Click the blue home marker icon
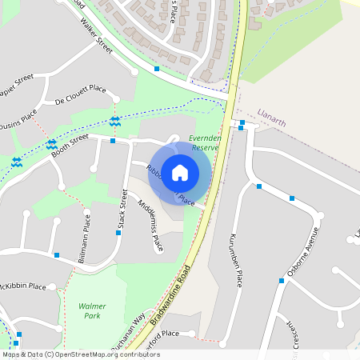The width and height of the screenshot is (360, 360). pyautogui.click(x=180, y=172)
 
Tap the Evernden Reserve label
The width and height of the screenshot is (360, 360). pyautogui.click(x=206, y=142)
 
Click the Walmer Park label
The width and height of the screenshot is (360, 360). pyautogui.click(x=92, y=310)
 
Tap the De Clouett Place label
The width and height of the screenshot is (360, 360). pyautogui.click(x=80, y=95)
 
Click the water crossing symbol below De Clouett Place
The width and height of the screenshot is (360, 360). pyautogui.click(x=115, y=121)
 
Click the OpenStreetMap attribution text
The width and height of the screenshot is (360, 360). pyautogui.click(x=70, y=354)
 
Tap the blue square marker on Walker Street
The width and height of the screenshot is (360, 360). pyautogui.click(x=157, y=69)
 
